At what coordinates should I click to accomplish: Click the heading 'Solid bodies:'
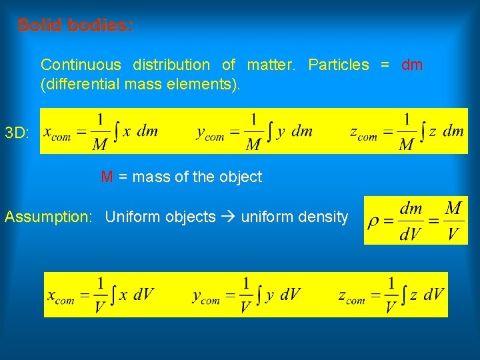[x=75, y=26]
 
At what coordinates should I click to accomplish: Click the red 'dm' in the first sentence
[x=412, y=65]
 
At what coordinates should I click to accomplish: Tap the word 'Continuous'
[x=81, y=65]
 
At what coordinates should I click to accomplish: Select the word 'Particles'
[x=338, y=65]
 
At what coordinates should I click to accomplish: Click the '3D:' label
[x=17, y=133]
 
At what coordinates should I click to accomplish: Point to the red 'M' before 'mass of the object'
[x=107, y=177]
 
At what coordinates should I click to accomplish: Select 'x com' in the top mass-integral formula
[x=57, y=133]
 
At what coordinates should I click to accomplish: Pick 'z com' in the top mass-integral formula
[x=363, y=133]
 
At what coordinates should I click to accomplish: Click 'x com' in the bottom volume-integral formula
[x=61, y=297]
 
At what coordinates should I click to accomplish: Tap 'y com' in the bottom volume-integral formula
[x=206, y=297]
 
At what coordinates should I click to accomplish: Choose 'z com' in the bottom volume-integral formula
[x=351, y=297]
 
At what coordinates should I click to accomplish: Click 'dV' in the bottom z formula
[x=434, y=295]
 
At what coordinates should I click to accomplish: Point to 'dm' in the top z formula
[x=453, y=131]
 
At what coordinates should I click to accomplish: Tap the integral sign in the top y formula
[x=269, y=131]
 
